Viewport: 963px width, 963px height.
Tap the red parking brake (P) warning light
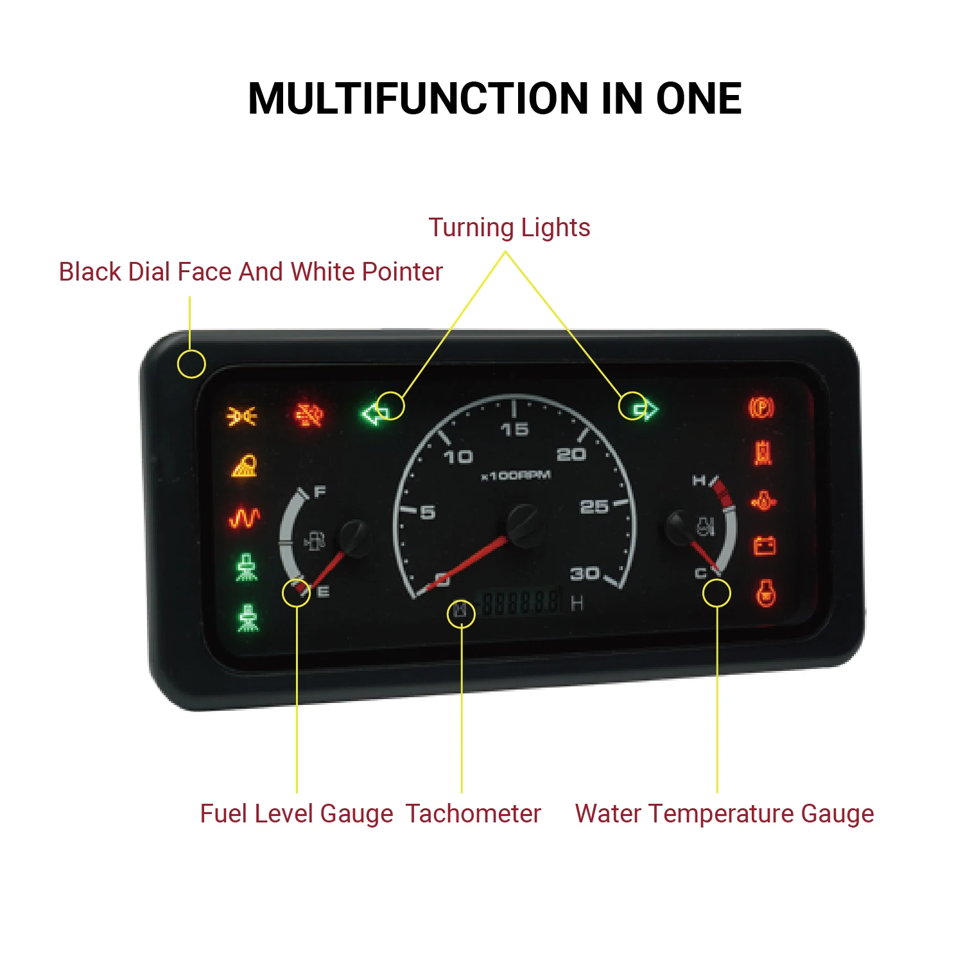[x=761, y=407]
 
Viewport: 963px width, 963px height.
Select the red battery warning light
[x=765, y=546]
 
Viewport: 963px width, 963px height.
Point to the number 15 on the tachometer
[x=514, y=429]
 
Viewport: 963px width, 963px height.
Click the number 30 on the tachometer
[x=585, y=573]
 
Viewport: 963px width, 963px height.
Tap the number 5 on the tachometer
[x=428, y=512]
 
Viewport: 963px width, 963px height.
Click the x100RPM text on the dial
[x=516, y=476]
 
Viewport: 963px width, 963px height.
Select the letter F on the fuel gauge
[x=320, y=492]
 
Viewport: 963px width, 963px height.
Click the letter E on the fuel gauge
[x=323, y=591]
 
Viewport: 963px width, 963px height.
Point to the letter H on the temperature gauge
[x=698, y=480]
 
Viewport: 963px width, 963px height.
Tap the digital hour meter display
[x=521, y=603]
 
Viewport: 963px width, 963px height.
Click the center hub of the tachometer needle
[x=525, y=523]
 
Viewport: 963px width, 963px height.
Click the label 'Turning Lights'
[x=509, y=228]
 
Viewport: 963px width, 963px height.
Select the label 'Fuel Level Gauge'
[x=296, y=813]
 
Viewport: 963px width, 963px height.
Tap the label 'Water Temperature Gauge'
[x=724, y=813]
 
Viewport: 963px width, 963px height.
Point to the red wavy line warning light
[x=245, y=517]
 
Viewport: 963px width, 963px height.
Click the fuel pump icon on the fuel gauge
[x=315, y=541]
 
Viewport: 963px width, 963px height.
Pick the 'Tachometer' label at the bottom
[x=473, y=813]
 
